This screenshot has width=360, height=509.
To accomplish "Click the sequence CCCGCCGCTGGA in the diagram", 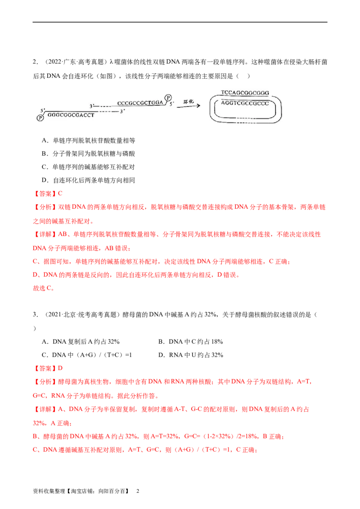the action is pos(140,103).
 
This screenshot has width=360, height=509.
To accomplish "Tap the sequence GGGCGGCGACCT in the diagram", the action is pos(71,115).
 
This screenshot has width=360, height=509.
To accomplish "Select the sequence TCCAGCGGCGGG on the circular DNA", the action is pos(245,93).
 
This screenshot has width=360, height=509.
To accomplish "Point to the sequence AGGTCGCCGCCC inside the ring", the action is pos(245,103).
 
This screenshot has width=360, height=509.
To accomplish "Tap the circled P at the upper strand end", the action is pos(168,98).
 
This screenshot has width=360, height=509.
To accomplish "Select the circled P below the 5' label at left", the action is pos(40,118).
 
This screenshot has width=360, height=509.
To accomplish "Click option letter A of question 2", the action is pos(45,141).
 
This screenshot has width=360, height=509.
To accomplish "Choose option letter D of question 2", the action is pos(45,180).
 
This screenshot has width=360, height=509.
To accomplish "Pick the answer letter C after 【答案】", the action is pos(60,193).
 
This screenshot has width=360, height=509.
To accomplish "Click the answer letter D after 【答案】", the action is pos(60,368).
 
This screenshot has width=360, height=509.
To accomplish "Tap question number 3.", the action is pos(35,315).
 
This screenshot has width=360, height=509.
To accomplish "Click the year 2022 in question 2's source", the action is pos(54,62).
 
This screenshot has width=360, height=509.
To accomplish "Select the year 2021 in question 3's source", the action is pos(54,315).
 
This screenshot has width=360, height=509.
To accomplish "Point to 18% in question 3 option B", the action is pos(217,341).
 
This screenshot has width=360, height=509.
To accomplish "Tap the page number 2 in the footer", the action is pos(138,491).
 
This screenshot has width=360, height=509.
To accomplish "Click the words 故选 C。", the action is pos(44,288).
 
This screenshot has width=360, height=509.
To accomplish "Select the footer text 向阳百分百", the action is pos(112,491).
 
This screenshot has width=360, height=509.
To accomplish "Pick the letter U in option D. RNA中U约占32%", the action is pos(193,355).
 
